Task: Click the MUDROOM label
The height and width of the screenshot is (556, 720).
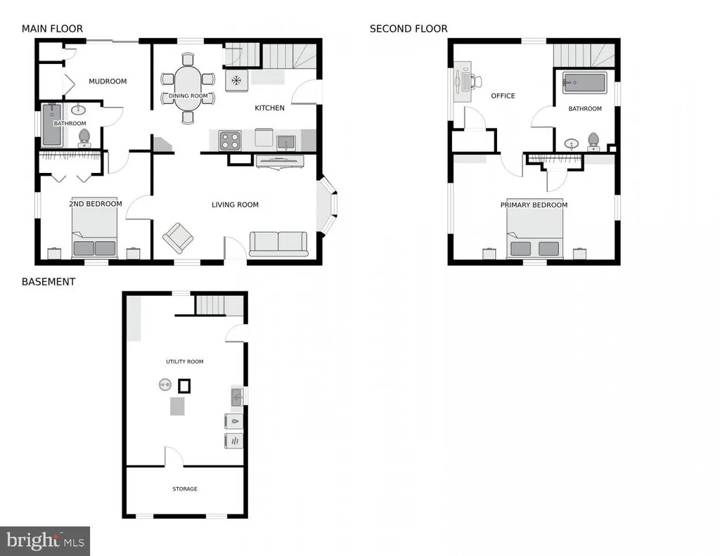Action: tap(108, 82)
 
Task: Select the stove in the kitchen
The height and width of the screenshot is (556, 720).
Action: tap(230, 141)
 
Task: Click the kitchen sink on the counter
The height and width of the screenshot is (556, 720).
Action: tap(286, 142)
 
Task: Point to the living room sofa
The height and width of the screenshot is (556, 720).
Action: tap(278, 244)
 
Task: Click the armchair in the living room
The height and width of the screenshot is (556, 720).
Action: tap(178, 238)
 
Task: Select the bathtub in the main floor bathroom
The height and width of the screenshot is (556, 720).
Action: tap(51, 125)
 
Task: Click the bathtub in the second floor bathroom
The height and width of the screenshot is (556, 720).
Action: tap(584, 83)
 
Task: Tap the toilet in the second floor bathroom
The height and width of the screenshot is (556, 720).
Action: tap(593, 141)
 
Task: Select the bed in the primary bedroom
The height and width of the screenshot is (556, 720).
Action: tap(534, 235)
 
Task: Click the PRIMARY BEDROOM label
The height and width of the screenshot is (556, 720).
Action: tap(534, 205)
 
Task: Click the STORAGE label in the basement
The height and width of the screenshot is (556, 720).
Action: tap(185, 489)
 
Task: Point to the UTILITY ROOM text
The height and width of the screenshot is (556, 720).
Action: tap(185, 361)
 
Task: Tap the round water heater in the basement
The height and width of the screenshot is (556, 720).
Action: tap(165, 384)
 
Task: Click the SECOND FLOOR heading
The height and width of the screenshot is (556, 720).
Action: tap(409, 28)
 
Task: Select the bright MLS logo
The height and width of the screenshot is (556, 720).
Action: tap(45, 541)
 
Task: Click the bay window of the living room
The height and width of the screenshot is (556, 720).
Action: tap(328, 205)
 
